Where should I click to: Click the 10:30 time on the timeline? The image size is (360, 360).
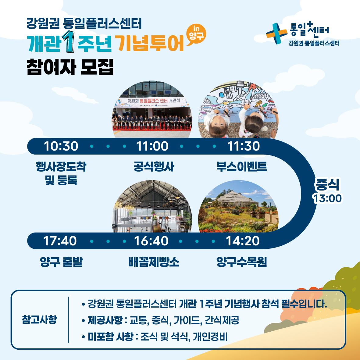coord(61,146)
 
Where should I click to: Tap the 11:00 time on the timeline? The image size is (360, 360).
coord(152,146)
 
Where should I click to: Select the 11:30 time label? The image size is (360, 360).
coord(243,146)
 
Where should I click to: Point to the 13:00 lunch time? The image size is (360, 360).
coord(328,198)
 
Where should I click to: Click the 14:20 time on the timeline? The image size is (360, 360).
coord(242,241)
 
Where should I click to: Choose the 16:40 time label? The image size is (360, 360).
coord(151,241)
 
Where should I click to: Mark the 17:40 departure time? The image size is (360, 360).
coord(60,241)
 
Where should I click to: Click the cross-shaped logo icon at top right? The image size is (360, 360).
coord(276,33)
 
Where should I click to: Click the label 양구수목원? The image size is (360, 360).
coord(241,262)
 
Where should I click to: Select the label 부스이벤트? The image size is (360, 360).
coord(241,167)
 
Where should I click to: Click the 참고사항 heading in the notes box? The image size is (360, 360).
coord(39,320)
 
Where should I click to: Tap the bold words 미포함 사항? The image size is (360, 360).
coord(110,337)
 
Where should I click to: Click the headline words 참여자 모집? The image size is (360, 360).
coord(70,67)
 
